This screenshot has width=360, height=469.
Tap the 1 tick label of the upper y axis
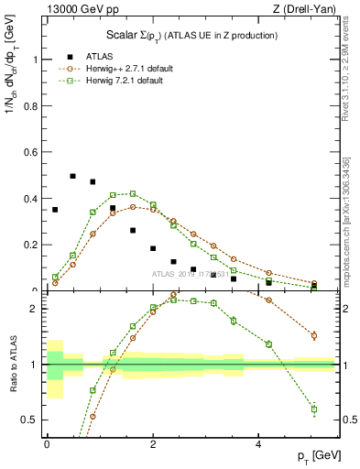[36, 60]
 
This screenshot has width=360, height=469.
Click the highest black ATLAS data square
[73, 176]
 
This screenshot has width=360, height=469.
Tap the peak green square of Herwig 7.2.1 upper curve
[133, 193]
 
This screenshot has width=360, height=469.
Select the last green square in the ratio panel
[314, 409]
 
